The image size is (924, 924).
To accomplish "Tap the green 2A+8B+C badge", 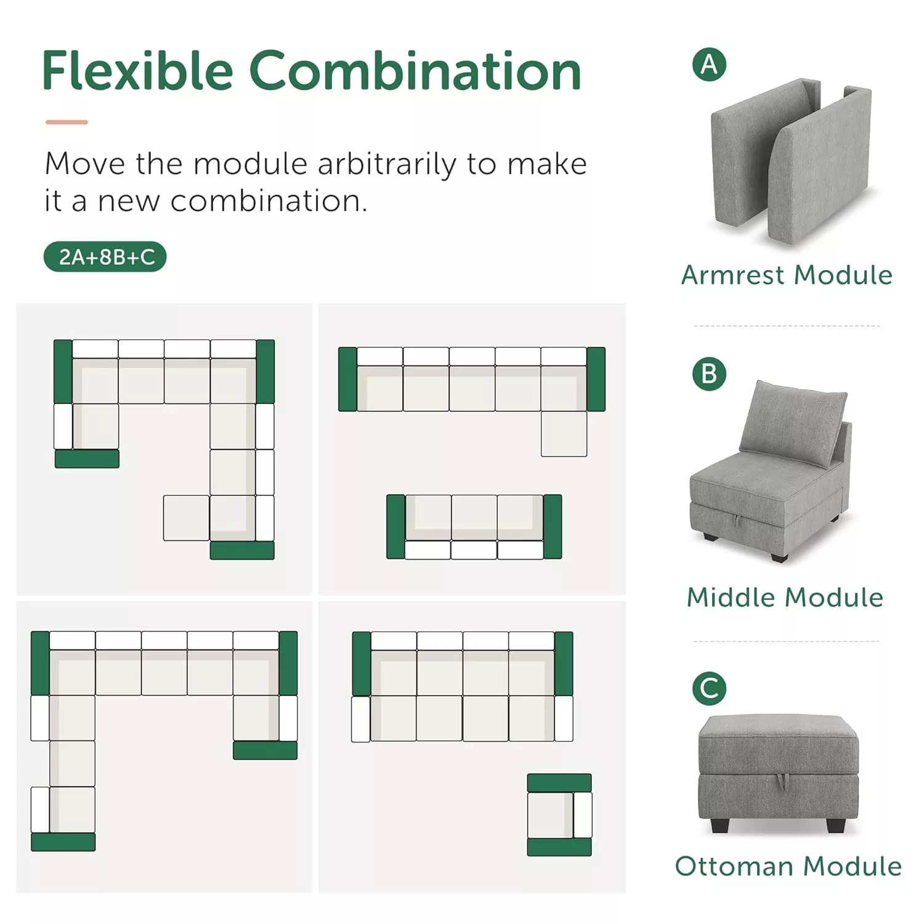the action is pyautogui.click(x=105, y=256).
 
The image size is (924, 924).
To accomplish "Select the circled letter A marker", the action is pyautogui.click(x=709, y=65).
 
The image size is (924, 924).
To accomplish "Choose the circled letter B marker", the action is pyautogui.click(x=709, y=374).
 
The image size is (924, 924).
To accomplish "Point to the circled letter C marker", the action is pyautogui.click(x=709, y=689).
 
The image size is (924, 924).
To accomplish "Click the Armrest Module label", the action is pyautogui.click(x=787, y=275).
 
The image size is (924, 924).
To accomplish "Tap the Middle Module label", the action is pyautogui.click(x=785, y=598).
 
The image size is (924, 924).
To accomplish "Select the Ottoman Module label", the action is pyautogui.click(x=788, y=866).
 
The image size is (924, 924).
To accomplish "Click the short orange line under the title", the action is pyautogui.click(x=67, y=122).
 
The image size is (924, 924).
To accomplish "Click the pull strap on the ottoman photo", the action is pyautogui.click(x=782, y=780).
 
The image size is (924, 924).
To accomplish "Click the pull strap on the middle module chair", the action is pyautogui.click(x=737, y=521).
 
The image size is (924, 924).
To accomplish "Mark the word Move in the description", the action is pyautogui.click(x=85, y=164).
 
